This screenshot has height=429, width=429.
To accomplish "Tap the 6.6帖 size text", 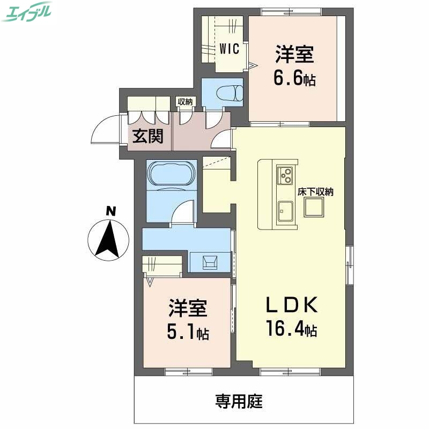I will [x=294, y=79].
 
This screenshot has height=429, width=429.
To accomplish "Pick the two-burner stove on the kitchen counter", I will [x=285, y=174].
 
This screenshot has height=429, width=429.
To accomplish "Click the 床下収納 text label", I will [x=316, y=191].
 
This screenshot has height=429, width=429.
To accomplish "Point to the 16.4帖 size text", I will [x=292, y=329].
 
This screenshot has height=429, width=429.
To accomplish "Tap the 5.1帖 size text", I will [x=187, y=332].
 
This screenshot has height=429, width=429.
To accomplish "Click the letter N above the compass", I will [x=110, y=211].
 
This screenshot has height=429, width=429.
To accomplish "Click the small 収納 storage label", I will [x=186, y=101].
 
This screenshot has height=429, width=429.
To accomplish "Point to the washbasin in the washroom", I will [x=209, y=261].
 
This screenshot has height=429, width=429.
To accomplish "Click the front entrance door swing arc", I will [x=102, y=132].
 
